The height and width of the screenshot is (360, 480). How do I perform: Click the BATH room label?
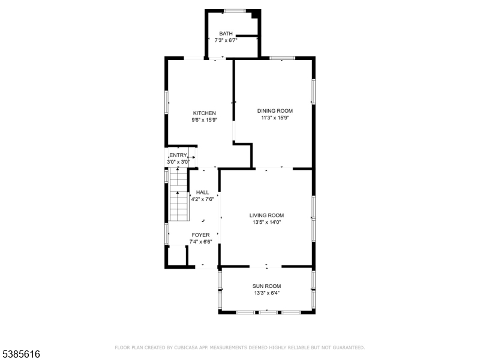(x=226, y=34)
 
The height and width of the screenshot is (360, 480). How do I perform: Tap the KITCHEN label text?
(x=205, y=113)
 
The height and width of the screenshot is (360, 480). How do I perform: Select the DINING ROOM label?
(x=275, y=111)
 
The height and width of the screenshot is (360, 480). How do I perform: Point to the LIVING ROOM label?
(x=266, y=215)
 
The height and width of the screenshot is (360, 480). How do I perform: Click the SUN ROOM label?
(x=266, y=286)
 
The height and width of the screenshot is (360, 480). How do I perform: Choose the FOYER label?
(x=201, y=235)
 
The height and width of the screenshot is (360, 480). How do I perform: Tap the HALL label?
(x=203, y=193)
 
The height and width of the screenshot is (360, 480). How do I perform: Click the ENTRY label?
(x=178, y=155)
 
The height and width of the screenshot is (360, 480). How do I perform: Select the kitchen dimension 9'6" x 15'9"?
(x=205, y=120)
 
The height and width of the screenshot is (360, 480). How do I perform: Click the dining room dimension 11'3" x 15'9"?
(x=275, y=118)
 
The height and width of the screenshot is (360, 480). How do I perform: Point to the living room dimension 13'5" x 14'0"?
(x=266, y=223)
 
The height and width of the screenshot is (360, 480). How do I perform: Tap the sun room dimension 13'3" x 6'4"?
(x=266, y=293)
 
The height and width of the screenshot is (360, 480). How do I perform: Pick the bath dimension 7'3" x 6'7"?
(x=226, y=40)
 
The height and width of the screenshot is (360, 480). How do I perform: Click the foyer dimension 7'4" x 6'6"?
(x=201, y=242)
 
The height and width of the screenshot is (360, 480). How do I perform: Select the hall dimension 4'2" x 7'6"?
(x=203, y=199)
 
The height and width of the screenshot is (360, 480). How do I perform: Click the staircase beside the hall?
(x=178, y=194)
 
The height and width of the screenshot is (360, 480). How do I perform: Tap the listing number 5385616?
(x=20, y=354)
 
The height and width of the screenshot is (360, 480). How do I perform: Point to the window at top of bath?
(x=235, y=11)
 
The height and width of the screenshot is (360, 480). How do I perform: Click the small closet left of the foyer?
(x=177, y=256)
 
